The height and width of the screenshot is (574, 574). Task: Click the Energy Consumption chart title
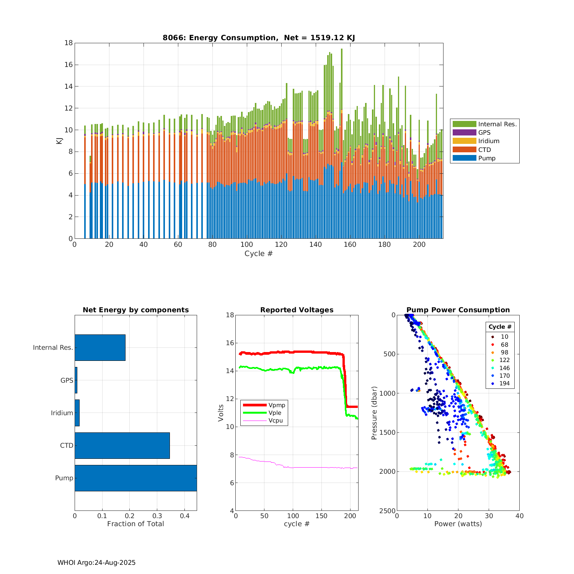click(259, 38)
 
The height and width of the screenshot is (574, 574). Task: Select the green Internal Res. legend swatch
click(464, 124)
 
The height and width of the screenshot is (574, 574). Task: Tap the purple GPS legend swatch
click(464, 132)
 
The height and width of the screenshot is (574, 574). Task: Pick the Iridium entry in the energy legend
click(489, 141)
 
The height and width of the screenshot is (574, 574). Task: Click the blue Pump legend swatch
click(464, 158)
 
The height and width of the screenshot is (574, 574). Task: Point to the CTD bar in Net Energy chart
click(122, 445)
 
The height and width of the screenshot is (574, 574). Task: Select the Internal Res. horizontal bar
click(100, 347)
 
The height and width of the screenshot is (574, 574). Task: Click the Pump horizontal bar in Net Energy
click(135, 478)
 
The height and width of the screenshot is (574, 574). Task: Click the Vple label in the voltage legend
click(275, 413)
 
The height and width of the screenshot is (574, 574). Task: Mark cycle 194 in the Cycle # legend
click(504, 383)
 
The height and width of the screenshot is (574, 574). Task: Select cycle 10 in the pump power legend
click(504, 337)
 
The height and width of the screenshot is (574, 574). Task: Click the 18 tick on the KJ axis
click(68, 43)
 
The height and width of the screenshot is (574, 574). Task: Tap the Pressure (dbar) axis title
click(374, 413)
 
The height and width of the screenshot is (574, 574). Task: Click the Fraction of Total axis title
click(135, 524)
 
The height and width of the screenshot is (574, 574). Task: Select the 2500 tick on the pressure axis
click(388, 511)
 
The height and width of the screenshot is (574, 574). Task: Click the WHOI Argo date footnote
click(96, 563)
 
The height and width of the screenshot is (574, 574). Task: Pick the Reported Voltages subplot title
click(297, 310)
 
